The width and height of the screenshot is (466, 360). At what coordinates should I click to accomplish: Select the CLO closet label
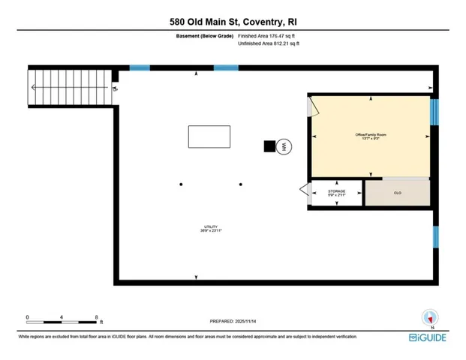click(397, 193)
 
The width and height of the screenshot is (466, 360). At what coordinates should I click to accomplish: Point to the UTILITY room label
click(211, 229)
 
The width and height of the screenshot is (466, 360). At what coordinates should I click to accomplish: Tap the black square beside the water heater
click(269, 147)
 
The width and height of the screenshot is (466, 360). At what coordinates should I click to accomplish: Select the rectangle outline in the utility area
click(209, 138)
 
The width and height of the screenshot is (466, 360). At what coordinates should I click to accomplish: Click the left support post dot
click(181, 184)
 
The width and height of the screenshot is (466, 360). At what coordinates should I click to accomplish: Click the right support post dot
click(241, 184)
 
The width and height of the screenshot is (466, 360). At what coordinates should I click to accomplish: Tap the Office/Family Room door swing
click(314, 107)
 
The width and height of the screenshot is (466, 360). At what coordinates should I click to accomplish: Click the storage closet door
click(304, 193)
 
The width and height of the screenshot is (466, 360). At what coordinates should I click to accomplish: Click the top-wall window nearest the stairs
click(140, 68)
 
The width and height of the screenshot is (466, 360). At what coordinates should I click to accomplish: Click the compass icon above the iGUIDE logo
click(430, 318)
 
